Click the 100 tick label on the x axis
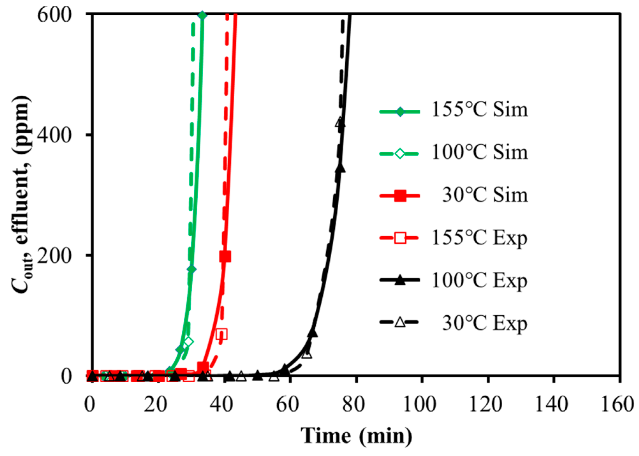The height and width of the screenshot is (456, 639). pos(419,404)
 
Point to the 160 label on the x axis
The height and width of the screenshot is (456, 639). pos(617,404)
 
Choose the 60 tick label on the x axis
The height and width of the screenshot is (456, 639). pos(287,404)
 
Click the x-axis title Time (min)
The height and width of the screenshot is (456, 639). pos(356,436)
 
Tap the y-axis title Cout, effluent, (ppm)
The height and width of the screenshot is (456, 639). pos(22,195)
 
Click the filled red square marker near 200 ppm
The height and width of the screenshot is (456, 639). pos(225,256)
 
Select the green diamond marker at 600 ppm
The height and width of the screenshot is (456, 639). pos(202,15)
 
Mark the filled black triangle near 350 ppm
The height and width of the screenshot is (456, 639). pos(340,168)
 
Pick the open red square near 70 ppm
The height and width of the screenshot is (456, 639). pos(222,334)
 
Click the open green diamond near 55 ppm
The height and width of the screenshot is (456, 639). pos(188,342)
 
